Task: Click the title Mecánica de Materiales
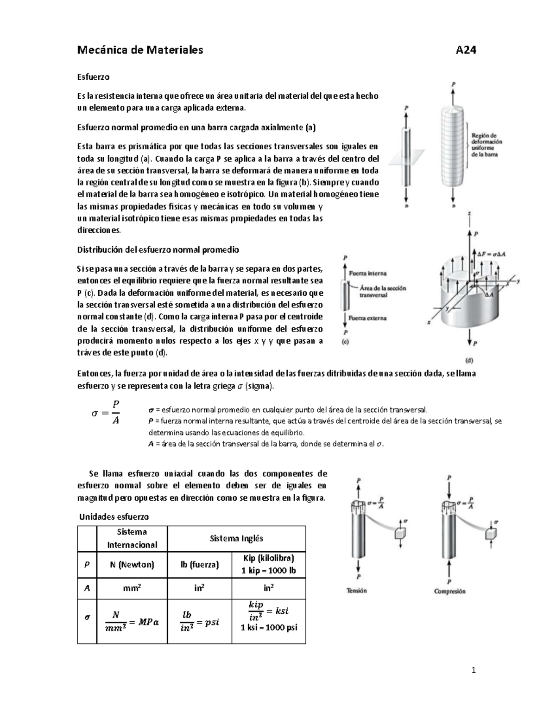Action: [140, 50]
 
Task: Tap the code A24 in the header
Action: [466, 50]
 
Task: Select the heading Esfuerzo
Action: [93, 77]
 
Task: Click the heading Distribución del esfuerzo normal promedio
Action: [158, 250]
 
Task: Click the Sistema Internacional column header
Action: [132, 538]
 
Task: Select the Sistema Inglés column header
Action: [236, 538]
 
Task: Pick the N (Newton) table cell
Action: [132, 564]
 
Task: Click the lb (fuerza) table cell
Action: [199, 564]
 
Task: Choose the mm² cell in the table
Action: [132, 588]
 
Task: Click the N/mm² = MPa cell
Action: [132, 622]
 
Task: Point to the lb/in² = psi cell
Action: [200, 622]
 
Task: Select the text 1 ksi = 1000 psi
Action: [269, 628]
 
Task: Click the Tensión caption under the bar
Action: [357, 591]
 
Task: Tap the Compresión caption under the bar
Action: [449, 591]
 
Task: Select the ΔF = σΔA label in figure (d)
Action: [492, 254]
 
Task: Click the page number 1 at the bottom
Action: [474, 670]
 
